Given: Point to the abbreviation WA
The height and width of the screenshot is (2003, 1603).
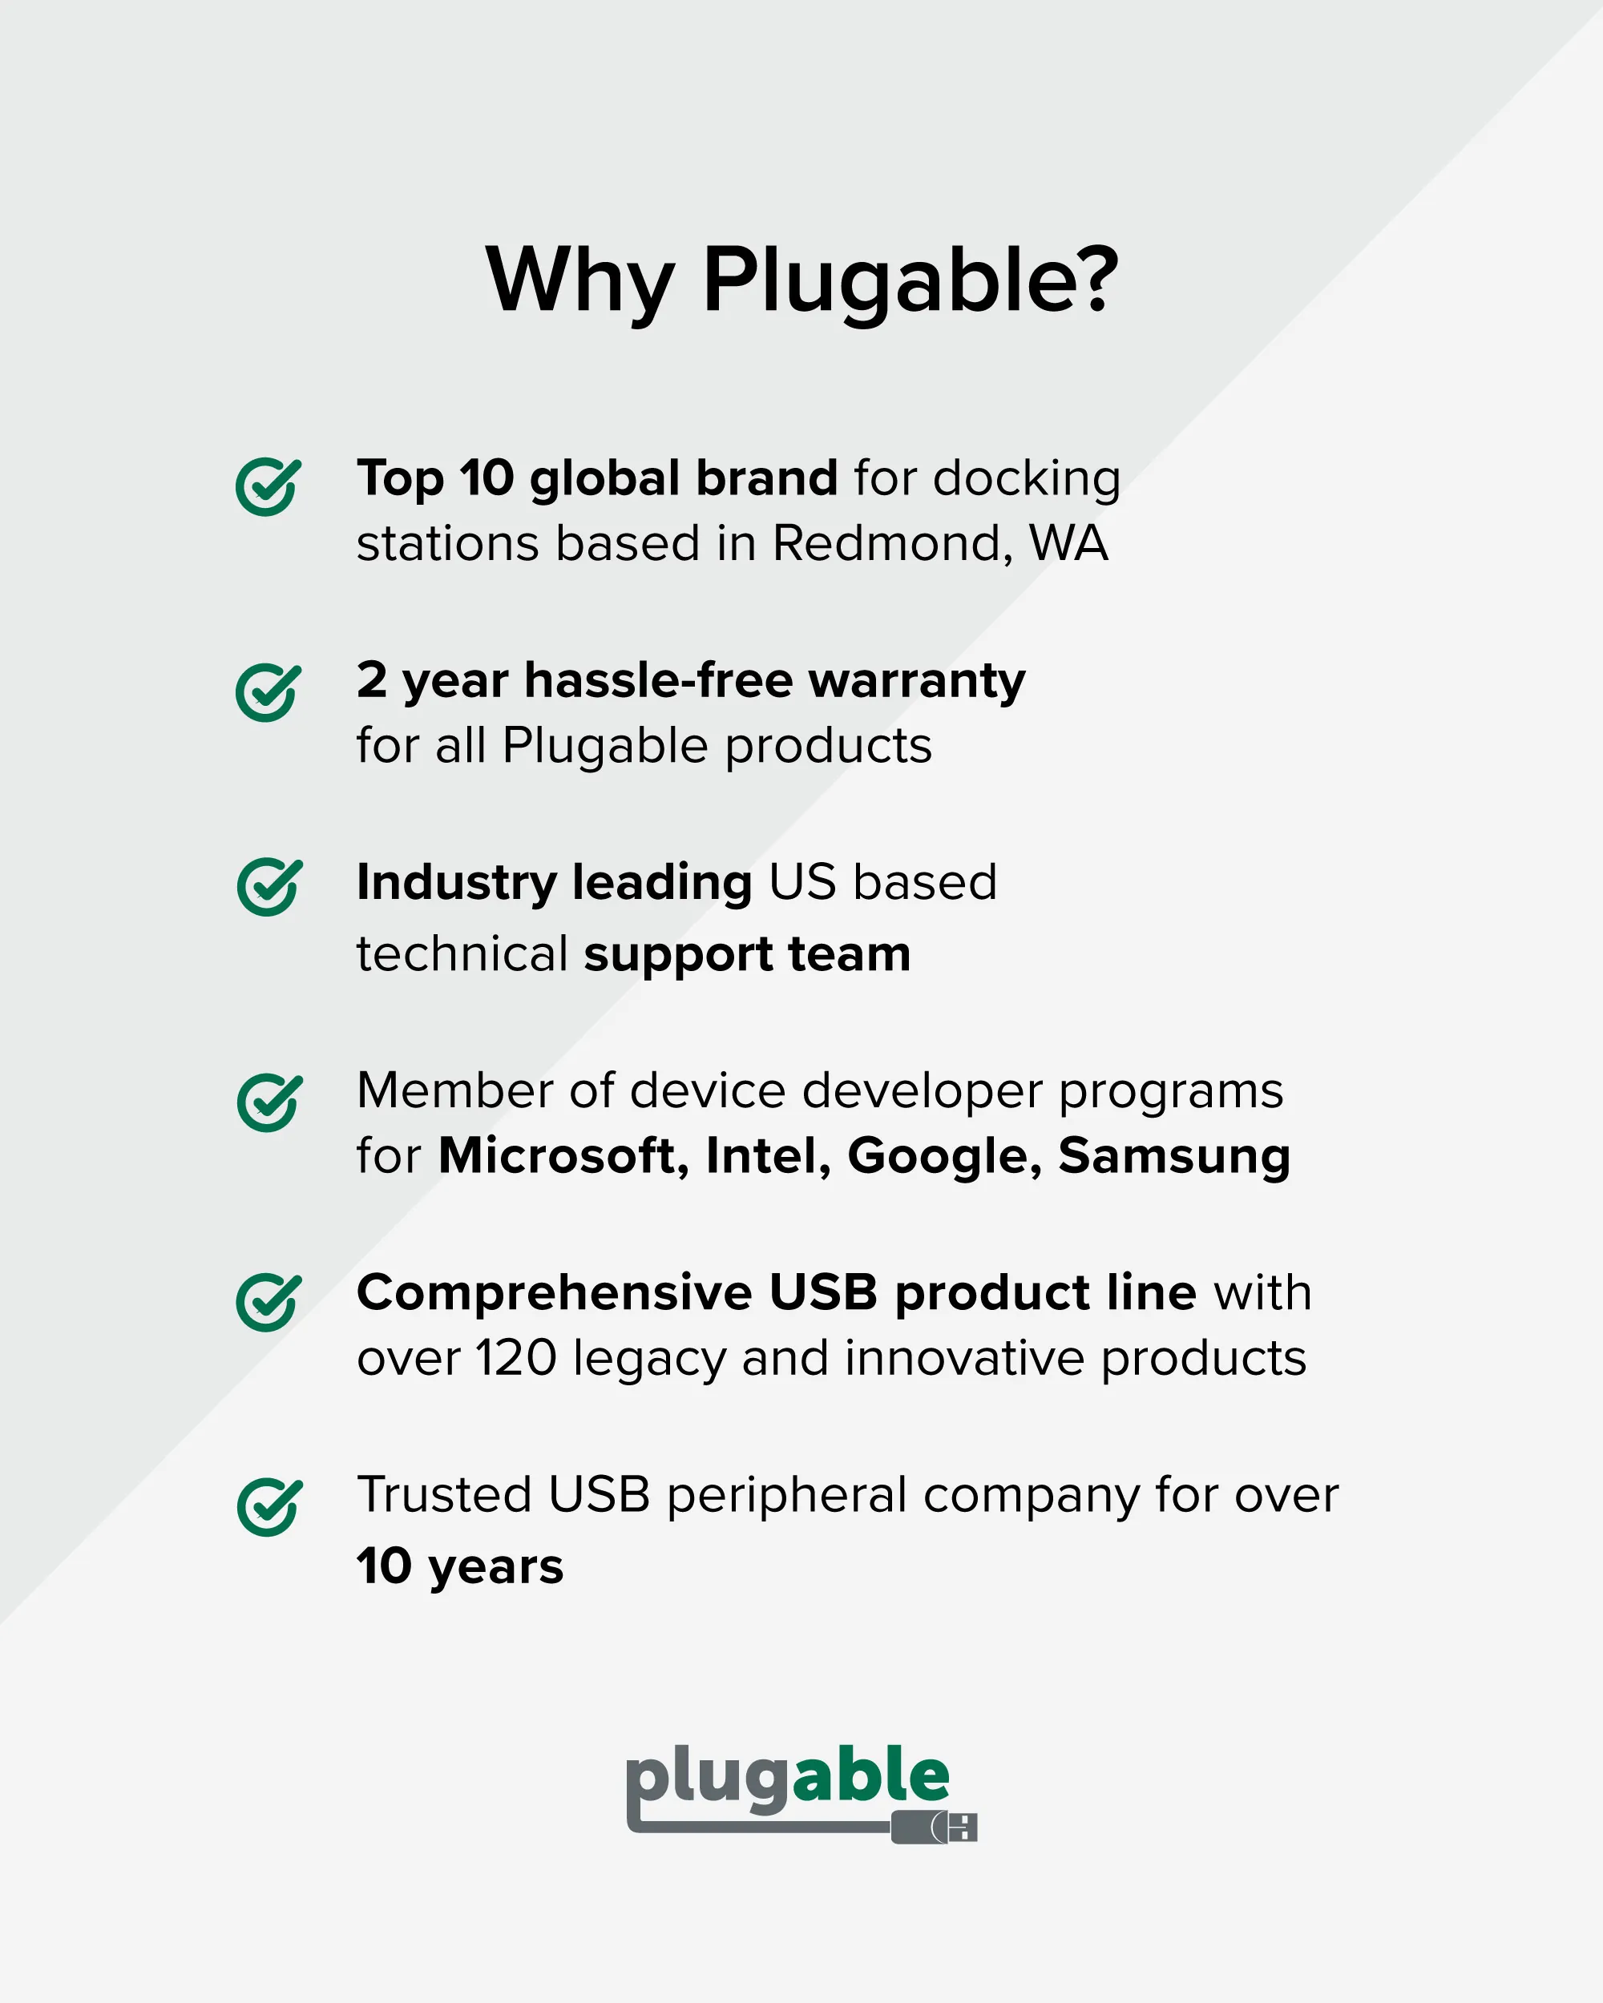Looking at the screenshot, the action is (1068, 543).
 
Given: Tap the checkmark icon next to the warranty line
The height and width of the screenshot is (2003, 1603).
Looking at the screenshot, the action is (269, 692).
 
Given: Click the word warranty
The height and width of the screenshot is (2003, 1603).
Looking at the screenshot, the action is (917, 682).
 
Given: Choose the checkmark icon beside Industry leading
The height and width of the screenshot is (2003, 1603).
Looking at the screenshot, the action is (269, 886).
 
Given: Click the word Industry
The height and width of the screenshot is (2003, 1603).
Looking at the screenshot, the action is (456, 884).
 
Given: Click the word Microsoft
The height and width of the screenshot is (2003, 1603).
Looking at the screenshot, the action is (563, 1155).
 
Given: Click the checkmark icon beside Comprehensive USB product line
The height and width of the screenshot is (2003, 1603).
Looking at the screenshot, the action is (269, 1302).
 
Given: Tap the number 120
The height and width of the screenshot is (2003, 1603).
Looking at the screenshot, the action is (515, 1358).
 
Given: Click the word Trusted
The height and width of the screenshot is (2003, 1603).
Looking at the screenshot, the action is (444, 1495).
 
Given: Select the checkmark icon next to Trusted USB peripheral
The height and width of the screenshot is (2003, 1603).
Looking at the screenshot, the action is (269, 1507).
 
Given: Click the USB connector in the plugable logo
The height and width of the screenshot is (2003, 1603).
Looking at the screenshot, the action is (934, 1827).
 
